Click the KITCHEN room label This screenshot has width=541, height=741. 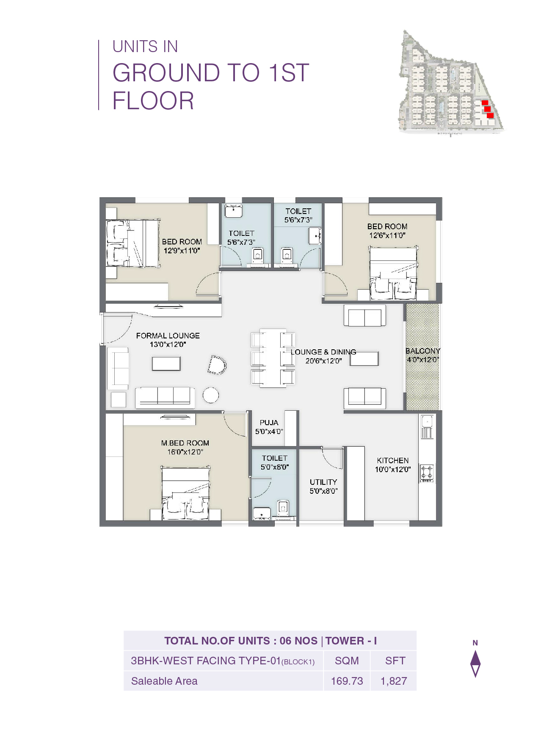coord(392,461)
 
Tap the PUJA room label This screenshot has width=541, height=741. coord(269,423)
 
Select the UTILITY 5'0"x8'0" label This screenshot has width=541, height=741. coord(323,487)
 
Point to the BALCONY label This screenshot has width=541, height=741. coord(422,351)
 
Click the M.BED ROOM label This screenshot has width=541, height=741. coord(185,443)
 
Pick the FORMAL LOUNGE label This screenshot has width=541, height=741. coord(168,336)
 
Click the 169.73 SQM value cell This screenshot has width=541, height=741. coord(347,681)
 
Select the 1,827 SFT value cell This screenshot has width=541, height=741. coord(394,681)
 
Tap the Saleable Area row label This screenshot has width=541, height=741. coord(164,681)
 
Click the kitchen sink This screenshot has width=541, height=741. coord(427,422)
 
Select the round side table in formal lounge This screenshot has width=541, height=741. coord(210,395)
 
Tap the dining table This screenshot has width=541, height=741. coord(273,358)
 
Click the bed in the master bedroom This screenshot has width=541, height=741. coord(185,493)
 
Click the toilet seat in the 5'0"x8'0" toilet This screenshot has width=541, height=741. coord(283,507)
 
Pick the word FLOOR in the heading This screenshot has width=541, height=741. coord(153,101)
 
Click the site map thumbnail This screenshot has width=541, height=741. coord(451,83)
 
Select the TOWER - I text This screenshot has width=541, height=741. coord(351,641)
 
